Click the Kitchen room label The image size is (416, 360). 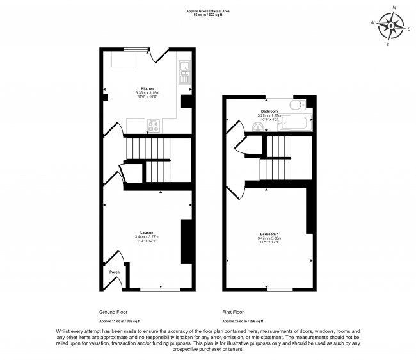coord(147,88)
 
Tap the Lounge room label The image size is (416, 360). coord(147,232)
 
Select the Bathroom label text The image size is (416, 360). coord(268,111)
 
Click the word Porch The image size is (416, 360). coord(114,272)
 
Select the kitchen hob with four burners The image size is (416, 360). coord(154,126)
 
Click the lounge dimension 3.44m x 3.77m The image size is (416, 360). coord(147,237)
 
